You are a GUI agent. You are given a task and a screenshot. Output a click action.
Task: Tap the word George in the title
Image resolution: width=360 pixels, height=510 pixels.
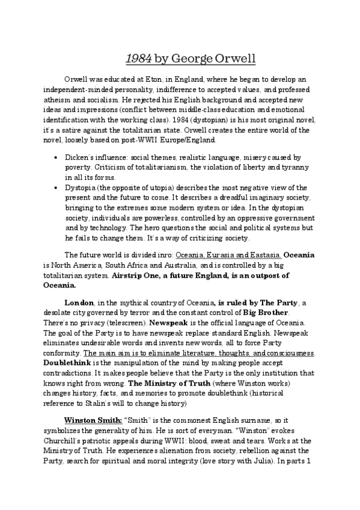[194, 58]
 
